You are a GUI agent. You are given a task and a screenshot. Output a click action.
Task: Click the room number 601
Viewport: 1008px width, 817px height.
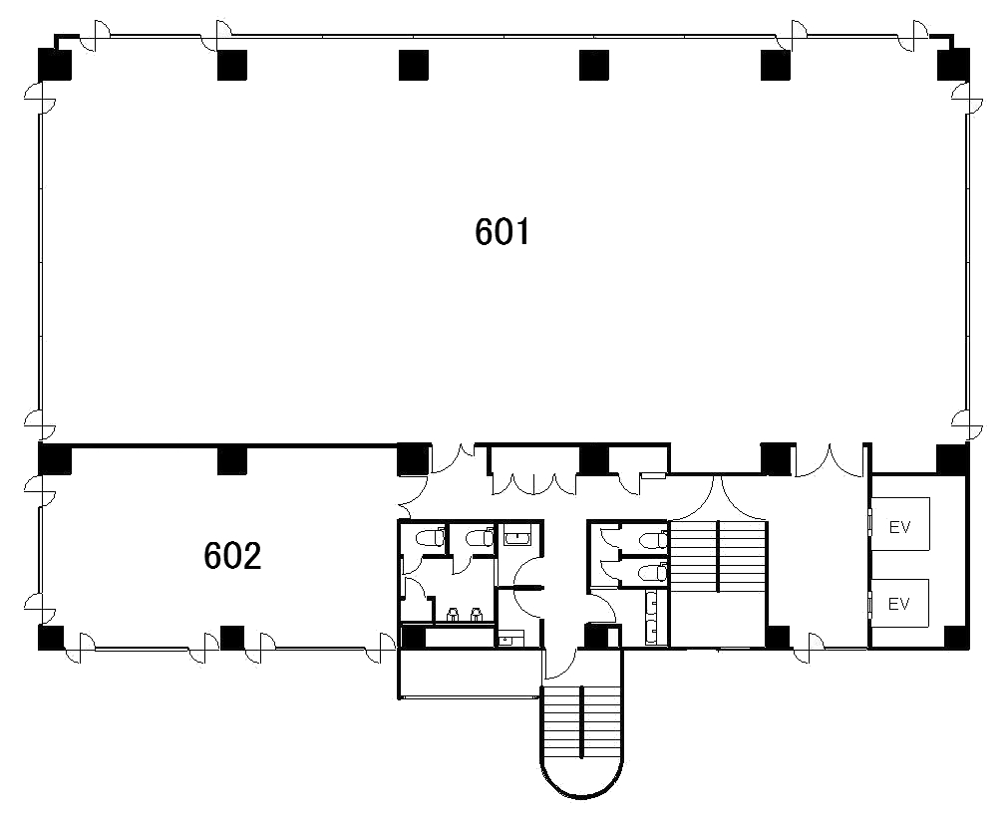point(503,232)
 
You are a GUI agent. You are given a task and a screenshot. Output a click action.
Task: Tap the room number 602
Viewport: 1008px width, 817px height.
point(232,556)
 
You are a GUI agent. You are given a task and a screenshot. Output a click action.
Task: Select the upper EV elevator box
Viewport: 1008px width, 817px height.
point(900,524)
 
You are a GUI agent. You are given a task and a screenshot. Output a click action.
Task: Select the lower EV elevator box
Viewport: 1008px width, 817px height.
point(900,603)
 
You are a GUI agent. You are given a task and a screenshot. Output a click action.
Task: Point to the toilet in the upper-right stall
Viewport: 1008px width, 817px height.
point(655,539)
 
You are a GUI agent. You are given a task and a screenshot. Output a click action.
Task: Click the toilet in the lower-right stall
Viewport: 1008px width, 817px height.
point(655,571)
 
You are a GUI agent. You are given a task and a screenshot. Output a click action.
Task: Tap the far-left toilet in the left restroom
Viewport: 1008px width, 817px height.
point(430,538)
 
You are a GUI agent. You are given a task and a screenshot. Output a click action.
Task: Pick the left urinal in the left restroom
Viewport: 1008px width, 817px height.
point(452,615)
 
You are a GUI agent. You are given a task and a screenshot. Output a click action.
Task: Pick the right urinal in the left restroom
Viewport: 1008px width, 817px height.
point(477,615)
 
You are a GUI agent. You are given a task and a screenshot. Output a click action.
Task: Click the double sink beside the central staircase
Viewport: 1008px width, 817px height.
point(655,618)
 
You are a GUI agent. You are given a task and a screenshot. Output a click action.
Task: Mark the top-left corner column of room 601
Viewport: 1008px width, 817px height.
point(55,64)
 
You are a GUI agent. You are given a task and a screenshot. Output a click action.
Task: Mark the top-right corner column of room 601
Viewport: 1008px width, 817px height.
point(953,64)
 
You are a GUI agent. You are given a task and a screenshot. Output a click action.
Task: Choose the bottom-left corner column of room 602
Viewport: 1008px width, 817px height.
point(52,637)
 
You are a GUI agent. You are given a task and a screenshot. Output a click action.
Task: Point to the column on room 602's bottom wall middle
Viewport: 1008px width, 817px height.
point(232,637)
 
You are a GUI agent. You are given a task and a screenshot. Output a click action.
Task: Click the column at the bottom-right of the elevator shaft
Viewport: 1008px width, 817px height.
point(956,637)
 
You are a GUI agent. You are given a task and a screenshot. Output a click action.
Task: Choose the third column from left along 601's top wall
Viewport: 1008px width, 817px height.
point(414,65)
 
